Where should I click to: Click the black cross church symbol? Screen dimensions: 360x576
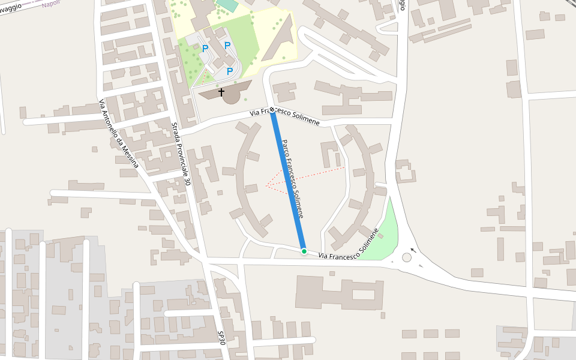click(221, 92)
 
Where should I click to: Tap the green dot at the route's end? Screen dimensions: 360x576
click(304, 251)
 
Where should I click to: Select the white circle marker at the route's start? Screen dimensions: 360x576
click(272, 109)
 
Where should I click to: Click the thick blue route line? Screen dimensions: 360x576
click(288, 180)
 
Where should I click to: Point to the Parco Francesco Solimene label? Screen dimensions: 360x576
click(293, 179)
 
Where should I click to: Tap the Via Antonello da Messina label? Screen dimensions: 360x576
click(118, 133)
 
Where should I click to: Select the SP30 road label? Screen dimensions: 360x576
click(221, 337)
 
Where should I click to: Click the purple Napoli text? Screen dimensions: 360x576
click(52, 3)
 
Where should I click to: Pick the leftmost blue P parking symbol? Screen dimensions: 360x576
click(205, 49)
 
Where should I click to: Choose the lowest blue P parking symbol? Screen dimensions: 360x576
click(229, 71)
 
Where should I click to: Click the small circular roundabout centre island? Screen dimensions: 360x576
click(407, 257)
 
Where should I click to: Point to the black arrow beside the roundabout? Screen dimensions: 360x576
click(413, 250)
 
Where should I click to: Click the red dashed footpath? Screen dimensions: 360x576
click(306, 176)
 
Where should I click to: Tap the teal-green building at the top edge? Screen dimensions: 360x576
click(227, 5)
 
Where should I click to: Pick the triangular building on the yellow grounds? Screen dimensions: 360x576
click(280, 42)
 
